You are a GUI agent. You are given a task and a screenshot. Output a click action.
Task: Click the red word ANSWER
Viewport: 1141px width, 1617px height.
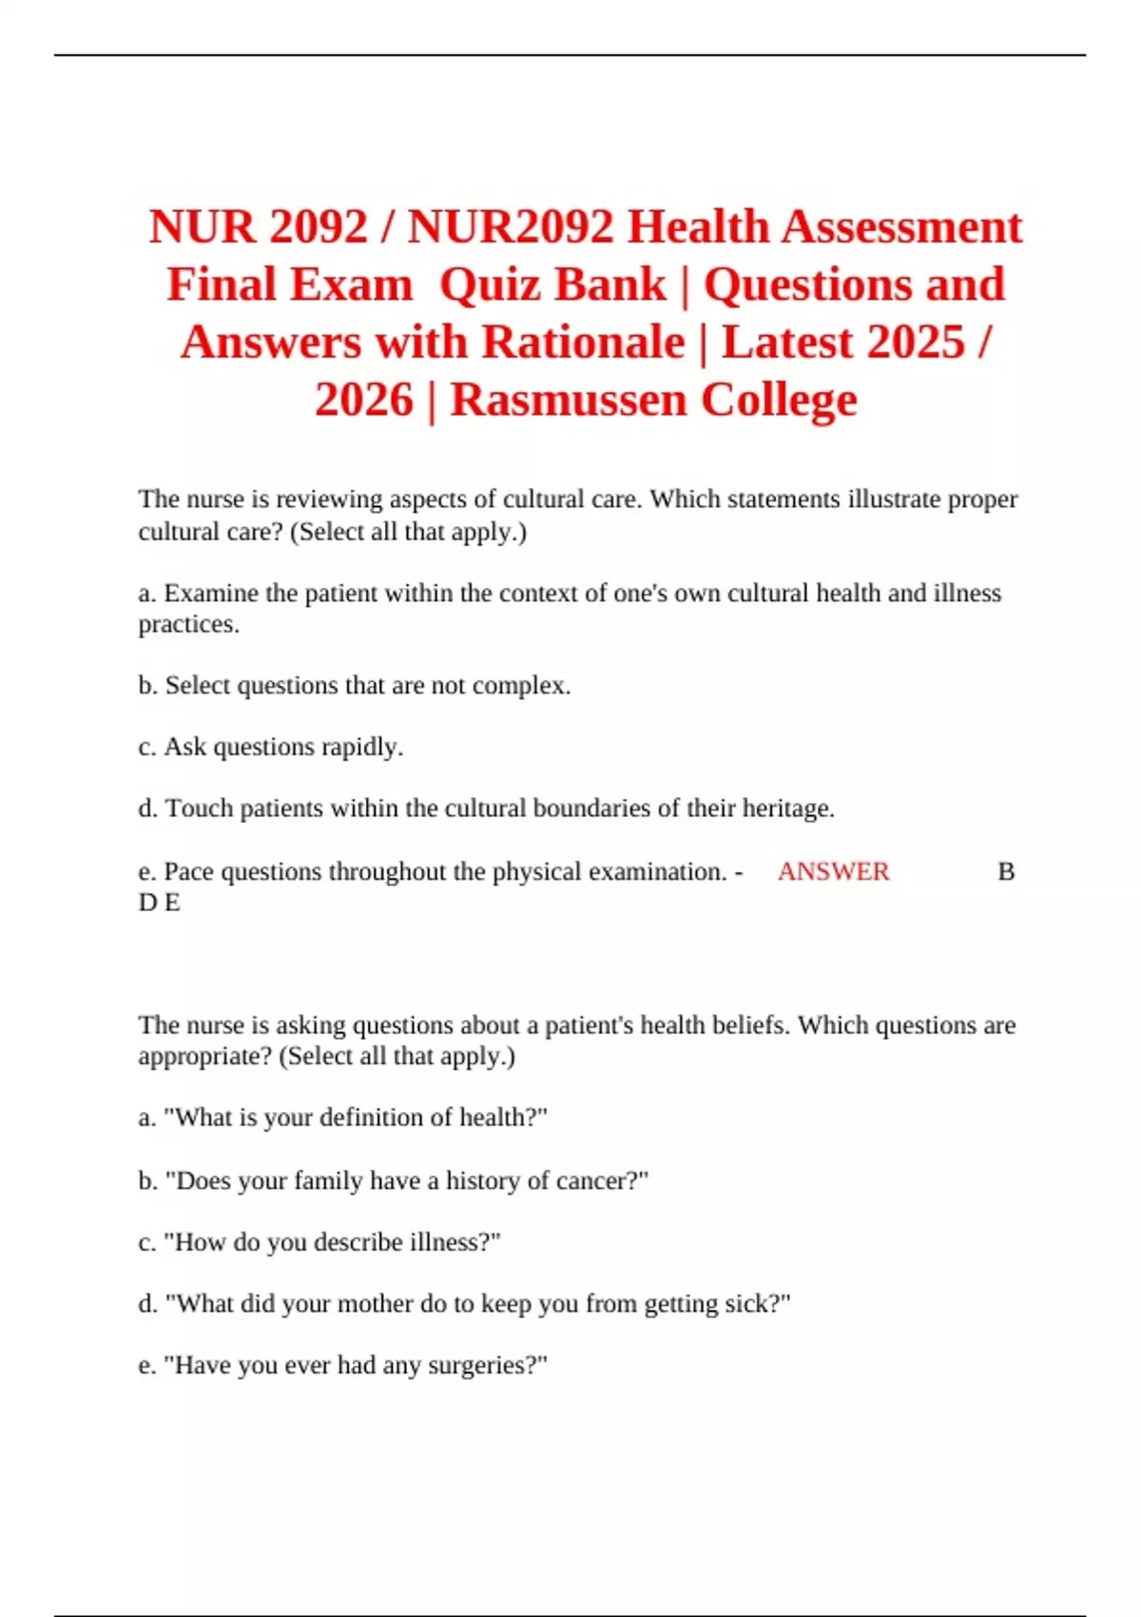(833, 871)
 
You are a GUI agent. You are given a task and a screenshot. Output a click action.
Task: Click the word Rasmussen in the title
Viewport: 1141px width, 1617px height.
(567, 400)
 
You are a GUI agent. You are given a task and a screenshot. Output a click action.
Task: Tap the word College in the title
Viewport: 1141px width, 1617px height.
(779, 400)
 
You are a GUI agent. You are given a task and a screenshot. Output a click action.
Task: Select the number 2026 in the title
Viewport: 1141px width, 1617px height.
(364, 400)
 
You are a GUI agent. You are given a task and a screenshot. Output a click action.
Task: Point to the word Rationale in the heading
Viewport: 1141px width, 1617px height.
(583, 342)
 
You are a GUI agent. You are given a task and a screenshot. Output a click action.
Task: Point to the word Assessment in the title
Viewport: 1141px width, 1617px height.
(901, 227)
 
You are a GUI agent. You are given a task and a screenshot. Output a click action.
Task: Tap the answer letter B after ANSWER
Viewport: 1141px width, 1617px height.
(1006, 871)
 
